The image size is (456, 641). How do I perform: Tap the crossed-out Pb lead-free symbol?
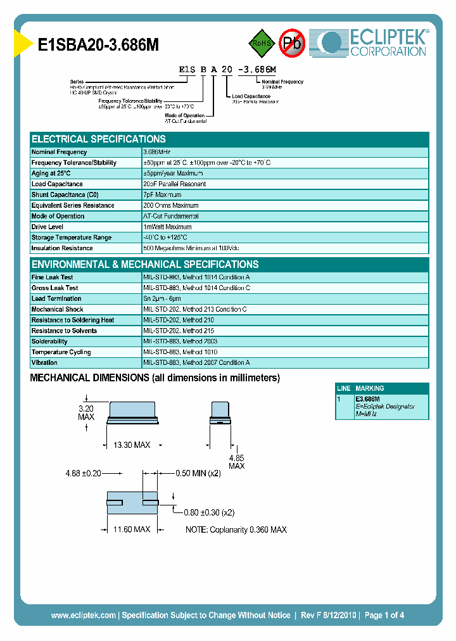tap(292, 43)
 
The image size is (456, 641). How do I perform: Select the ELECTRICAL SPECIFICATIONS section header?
tap(99, 139)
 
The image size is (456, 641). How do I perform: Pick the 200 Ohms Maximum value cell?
tap(171, 205)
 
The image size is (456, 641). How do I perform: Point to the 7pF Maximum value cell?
tap(163, 194)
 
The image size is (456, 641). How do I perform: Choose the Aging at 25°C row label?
tap(51, 173)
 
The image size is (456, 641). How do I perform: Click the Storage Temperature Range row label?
tap(71, 238)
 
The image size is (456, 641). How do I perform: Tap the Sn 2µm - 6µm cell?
tap(162, 298)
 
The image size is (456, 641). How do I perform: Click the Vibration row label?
tap(44, 363)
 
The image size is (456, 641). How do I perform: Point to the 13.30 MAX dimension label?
tap(131, 446)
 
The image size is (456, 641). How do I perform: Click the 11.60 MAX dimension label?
tap(131, 529)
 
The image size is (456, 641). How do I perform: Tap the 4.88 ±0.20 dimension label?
tap(84, 473)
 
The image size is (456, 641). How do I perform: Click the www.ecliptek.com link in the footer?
tap(83, 615)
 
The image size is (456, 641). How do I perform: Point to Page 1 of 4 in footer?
tap(384, 615)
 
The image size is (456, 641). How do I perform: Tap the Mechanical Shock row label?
tap(57, 309)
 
